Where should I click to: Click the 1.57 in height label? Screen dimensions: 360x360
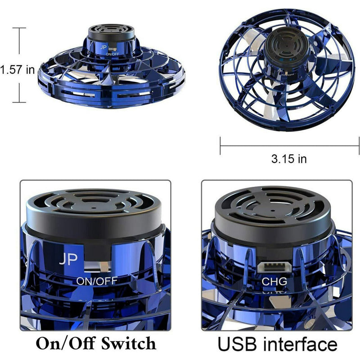click(18, 69)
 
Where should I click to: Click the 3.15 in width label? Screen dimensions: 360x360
click(289, 159)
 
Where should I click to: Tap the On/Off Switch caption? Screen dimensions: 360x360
click(96, 343)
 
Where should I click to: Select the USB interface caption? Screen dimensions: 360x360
click(277, 344)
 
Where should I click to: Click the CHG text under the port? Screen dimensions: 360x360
click(274, 282)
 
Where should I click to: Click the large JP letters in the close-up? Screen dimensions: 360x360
click(68, 259)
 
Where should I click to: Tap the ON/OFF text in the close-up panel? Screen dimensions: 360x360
click(97, 281)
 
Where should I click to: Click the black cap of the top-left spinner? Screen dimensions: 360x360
click(111, 31)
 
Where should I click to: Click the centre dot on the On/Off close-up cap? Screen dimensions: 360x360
click(94, 208)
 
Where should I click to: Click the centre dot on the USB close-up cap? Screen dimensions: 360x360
click(273, 211)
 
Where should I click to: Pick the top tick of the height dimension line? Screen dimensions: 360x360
click(19, 28)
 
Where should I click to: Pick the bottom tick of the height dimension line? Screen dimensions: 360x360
click(19, 102)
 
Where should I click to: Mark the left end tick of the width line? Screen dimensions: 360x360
click(220, 145)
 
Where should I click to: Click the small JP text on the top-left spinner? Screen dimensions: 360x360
click(103, 47)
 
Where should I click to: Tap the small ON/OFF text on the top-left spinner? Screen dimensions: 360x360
click(112, 54)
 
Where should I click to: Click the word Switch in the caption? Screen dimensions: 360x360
click(129, 343)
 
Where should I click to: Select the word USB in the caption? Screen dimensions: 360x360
click(238, 344)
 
